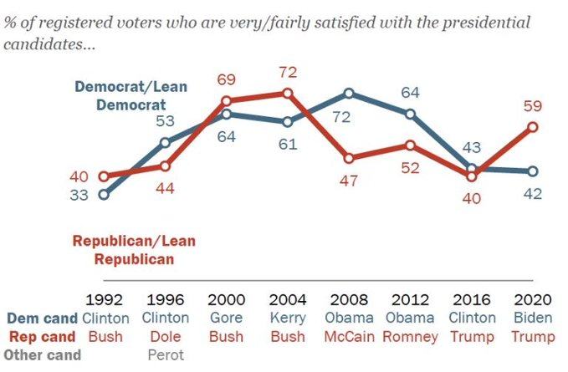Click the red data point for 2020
point(533,127)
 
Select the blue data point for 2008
point(349,93)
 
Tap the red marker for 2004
point(288,93)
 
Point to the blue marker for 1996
point(165,142)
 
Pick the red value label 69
point(228,80)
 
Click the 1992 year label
point(105,300)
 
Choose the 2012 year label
point(411,300)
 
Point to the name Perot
point(166,354)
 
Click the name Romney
point(411,336)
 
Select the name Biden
point(534,318)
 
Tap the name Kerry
point(288,318)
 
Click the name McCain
point(349,336)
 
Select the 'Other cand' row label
point(42,354)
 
